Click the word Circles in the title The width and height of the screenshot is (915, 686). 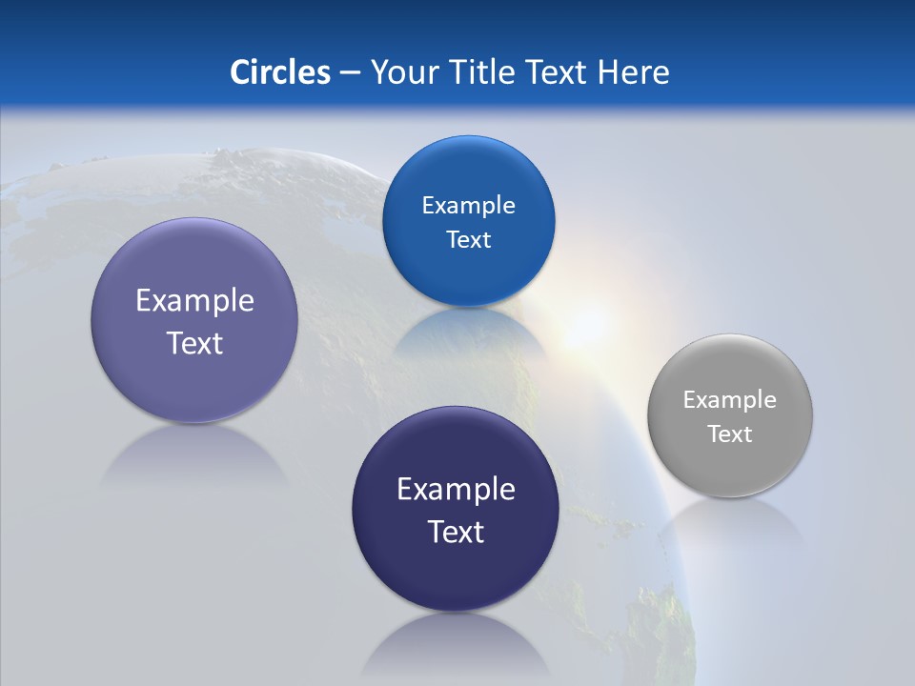(279, 71)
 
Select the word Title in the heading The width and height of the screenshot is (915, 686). (484, 71)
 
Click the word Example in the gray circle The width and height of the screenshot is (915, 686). (729, 399)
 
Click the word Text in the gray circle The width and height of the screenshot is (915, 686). (730, 434)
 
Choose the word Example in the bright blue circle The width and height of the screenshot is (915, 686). (468, 205)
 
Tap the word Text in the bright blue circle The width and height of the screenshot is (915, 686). (468, 240)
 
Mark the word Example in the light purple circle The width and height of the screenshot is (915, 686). (194, 301)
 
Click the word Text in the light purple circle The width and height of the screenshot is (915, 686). (194, 343)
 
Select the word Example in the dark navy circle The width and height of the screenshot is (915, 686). (456, 490)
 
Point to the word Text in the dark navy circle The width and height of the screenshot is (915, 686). (456, 532)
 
